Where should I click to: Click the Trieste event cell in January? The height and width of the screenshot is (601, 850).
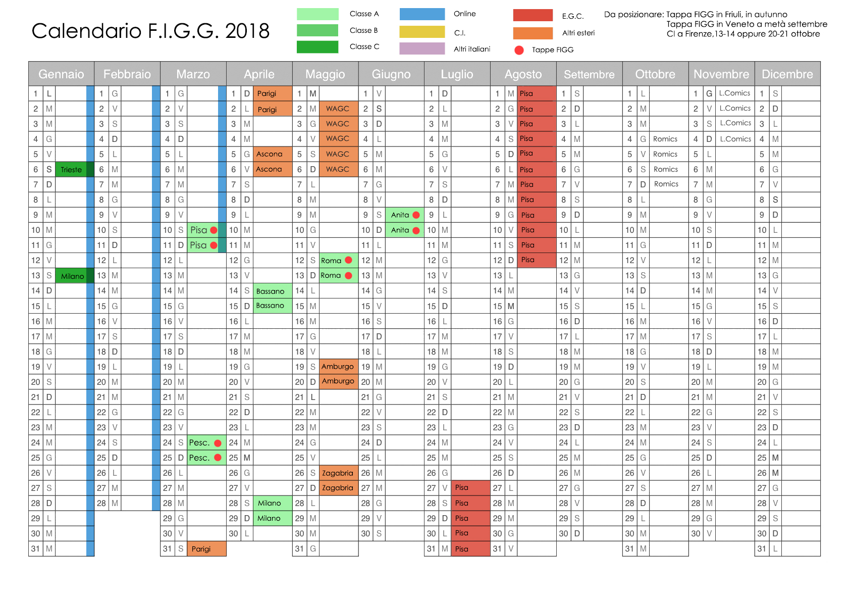coord(71,170)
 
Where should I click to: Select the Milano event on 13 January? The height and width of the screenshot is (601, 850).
coord(72,276)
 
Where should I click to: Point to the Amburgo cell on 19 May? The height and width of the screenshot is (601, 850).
coord(338,367)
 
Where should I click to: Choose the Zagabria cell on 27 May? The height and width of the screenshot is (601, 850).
coord(338,488)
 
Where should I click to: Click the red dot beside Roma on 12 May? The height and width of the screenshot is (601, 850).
coord(348,260)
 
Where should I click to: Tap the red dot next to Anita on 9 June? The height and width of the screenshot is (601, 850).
coord(416,215)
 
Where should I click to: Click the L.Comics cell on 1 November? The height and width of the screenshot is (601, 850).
coord(734,93)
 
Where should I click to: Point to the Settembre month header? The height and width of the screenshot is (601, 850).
coord(589,74)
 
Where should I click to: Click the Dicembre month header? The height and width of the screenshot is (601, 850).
coord(787,74)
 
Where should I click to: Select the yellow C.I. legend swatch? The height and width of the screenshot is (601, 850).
coord(422,32)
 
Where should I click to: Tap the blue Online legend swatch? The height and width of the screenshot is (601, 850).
coord(422,14)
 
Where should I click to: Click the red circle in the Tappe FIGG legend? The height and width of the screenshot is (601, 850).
coord(519,50)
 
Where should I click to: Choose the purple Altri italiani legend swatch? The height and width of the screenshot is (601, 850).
coord(422,48)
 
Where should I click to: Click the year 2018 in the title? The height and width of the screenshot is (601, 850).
coord(247,31)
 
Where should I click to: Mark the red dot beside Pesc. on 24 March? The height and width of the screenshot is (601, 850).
coord(218,443)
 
